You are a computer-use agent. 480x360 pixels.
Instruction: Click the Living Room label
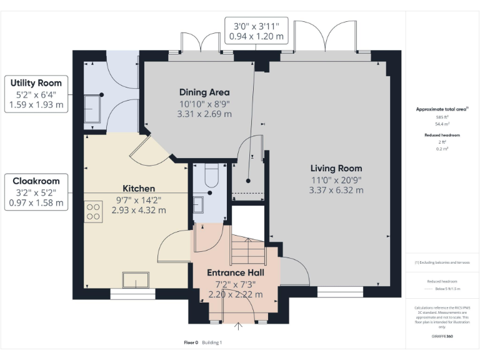pyautogui.click(x=336, y=168)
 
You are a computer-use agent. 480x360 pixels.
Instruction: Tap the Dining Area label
pyautogui.click(x=204, y=92)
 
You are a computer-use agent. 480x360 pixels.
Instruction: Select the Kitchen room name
pyautogui.click(x=139, y=188)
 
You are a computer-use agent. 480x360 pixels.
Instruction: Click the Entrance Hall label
pyautogui.click(x=236, y=273)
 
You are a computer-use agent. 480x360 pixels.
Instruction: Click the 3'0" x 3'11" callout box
pyautogui.click(x=256, y=29)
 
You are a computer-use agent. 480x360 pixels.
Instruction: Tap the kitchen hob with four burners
pyautogui.click(x=94, y=211)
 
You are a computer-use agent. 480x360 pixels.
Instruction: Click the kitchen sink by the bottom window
pyautogui.click(x=135, y=279)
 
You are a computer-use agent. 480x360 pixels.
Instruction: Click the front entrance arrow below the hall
pyautogui.click(x=239, y=326)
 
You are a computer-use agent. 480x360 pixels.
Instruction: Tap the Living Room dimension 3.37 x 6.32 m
pyautogui.click(x=336, y=190)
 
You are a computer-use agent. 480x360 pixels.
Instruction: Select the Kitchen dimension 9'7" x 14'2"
pyautogui.click(x=139, y=200)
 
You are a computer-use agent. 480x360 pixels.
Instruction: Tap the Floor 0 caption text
pyautogui.click(x=191, y=342)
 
